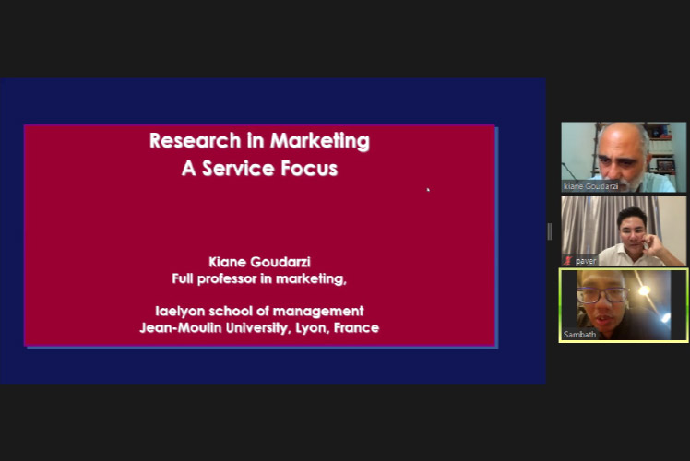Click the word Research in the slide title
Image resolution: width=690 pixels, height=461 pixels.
tap(195, 141)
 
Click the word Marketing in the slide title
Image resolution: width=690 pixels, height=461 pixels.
tap(320, 141)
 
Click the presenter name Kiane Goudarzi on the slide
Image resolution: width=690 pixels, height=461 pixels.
tap(259, 262)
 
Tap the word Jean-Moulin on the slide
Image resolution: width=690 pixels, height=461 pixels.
tap(181, 328)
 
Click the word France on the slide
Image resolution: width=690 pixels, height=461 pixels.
tap(356, 328)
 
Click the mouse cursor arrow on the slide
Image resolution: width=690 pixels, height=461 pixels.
tap(428, 190)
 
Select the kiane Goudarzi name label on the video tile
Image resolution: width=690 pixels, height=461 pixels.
tap(590, 186)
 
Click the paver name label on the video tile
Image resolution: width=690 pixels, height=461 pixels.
tap(586, 261)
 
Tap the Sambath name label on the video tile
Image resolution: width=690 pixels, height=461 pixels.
tap(579, 335)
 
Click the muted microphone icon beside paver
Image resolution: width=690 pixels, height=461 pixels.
tap(568, 261)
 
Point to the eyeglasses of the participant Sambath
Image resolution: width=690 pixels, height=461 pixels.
tap(602, 295)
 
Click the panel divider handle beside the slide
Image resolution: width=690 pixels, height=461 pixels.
tap(550, 231)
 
